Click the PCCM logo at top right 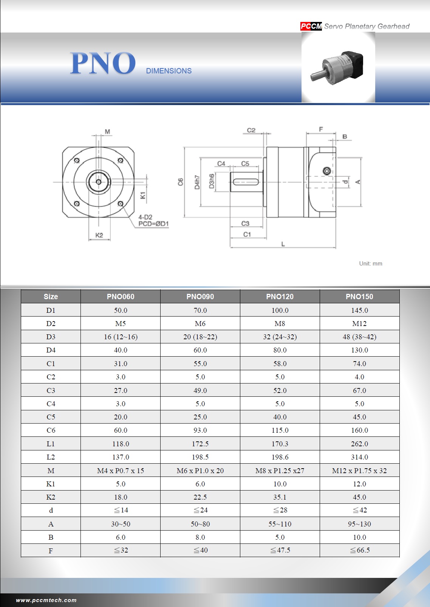click(311, 26)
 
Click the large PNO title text click(103, 63)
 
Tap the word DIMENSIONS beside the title click(169, 71)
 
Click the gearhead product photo click(338, 67)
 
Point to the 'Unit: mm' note click(370, 264)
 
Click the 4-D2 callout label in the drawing click(145, 217)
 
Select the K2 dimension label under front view click(99, 235)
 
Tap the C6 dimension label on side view click(180, 182)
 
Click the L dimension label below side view click(283, 244)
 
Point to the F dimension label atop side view click(321, 129)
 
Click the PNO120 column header click(280, 297)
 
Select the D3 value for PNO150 click(359, 337)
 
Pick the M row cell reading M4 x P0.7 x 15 click(121, 470)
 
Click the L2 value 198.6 click(280, 457)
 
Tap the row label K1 click(51, 484)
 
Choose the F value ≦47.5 click(280, 550)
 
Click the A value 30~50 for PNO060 click(121, 524)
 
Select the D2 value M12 click(359, 323)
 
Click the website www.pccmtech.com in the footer click(46, 600)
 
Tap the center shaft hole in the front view click(99, 182)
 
